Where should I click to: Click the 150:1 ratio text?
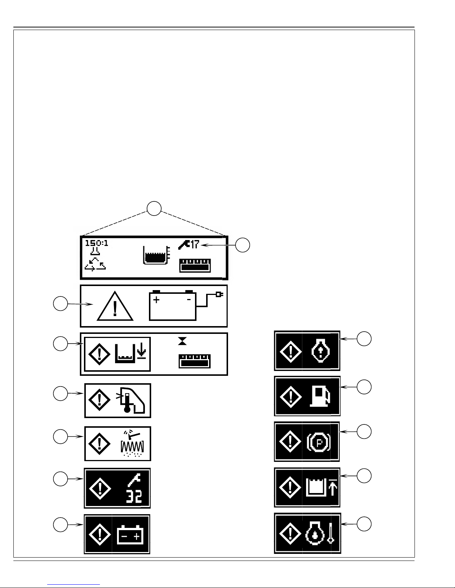97,243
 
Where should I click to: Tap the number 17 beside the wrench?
195,244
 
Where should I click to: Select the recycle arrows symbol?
95,265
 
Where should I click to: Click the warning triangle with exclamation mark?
115,306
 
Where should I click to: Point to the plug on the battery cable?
220,294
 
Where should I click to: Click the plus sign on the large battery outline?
156,299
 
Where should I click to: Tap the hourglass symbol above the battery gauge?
182,341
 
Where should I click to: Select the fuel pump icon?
320,397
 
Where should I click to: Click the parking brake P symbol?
319,443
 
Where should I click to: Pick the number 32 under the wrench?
134,497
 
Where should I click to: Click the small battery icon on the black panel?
130,535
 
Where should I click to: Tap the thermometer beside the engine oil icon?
331,533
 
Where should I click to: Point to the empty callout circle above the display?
154,208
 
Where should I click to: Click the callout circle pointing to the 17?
243,245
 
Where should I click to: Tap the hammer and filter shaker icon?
132,443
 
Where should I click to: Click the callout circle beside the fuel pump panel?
364,387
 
